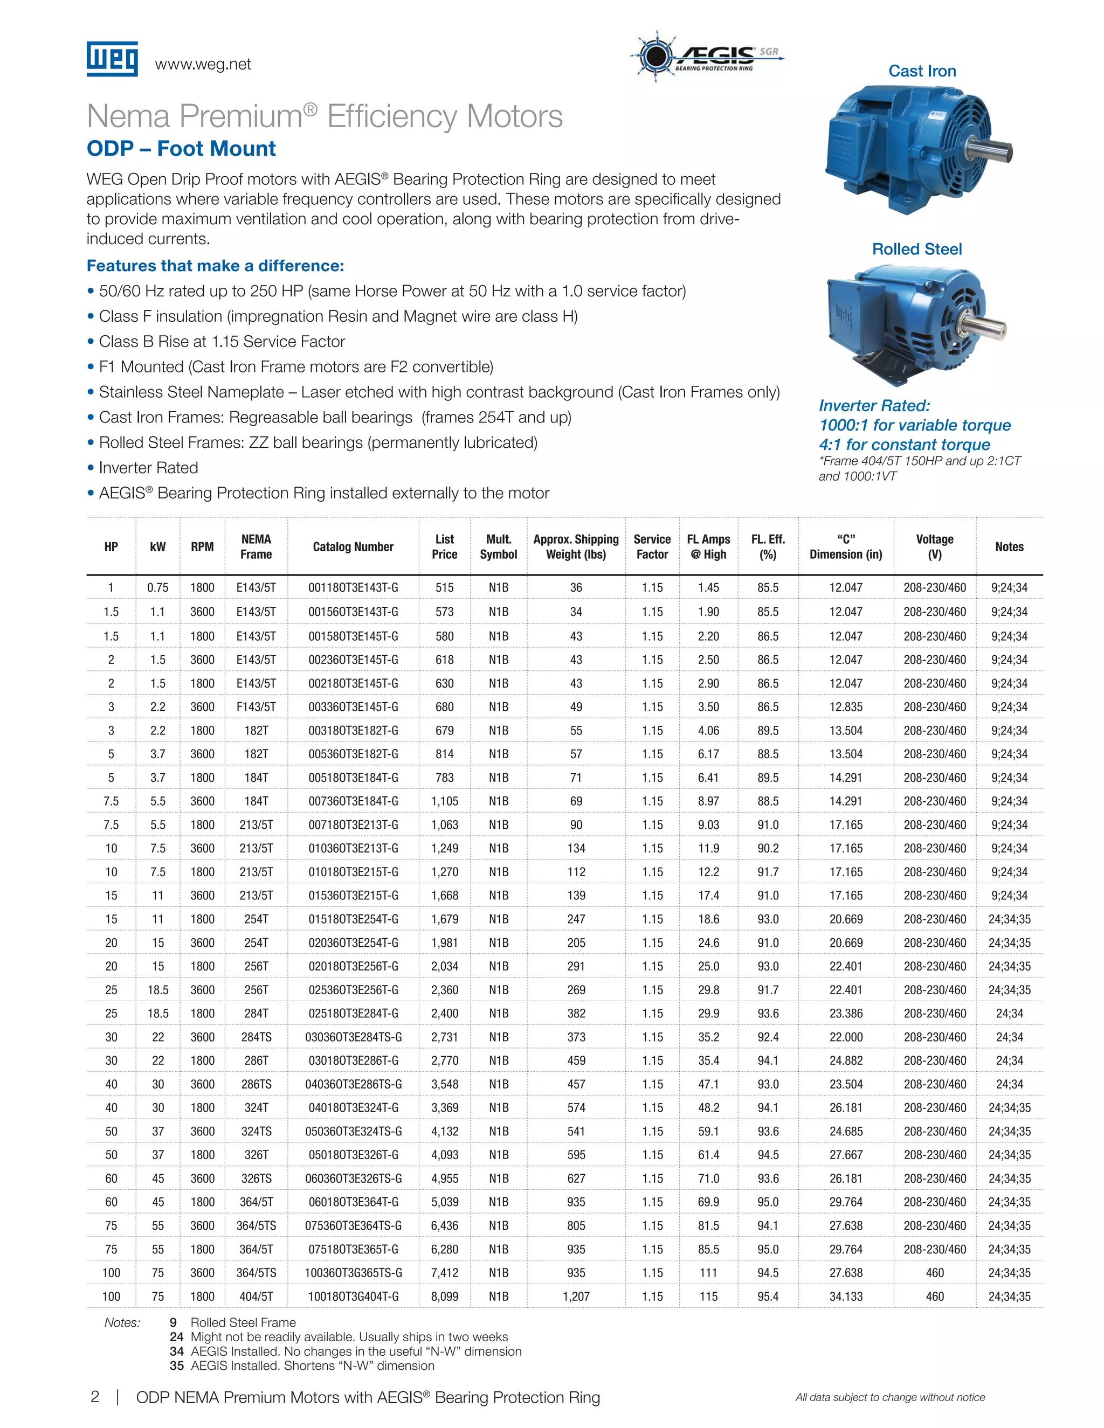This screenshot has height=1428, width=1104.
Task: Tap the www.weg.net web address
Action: pos(203,64)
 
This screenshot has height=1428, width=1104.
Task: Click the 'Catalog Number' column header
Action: pos(353,546)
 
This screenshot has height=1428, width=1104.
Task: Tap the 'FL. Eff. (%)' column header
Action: pos(768,546)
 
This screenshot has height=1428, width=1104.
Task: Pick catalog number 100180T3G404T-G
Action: pos(353,1296)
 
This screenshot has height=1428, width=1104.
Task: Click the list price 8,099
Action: pos(445,1296)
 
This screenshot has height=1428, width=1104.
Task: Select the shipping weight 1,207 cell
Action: pos(576,1296)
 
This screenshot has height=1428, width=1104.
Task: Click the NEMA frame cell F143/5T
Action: pos(256,707)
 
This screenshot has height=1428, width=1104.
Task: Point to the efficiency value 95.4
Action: pos(768,1296)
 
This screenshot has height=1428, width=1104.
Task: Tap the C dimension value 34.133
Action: pos(846,1296)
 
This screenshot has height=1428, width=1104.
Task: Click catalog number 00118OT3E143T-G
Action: pos(353,588)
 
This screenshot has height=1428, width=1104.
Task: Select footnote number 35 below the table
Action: pos(177,1366)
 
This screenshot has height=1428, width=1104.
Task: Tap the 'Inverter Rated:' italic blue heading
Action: pos(874,405)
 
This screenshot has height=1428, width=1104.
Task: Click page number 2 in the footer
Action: pos(95,1397)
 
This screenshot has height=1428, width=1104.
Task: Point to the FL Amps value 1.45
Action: pos(708,588)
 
